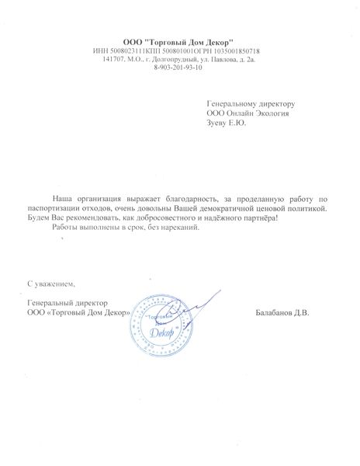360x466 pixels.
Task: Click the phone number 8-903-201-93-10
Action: [179, 68]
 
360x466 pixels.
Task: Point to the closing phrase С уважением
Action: [52, 284]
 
